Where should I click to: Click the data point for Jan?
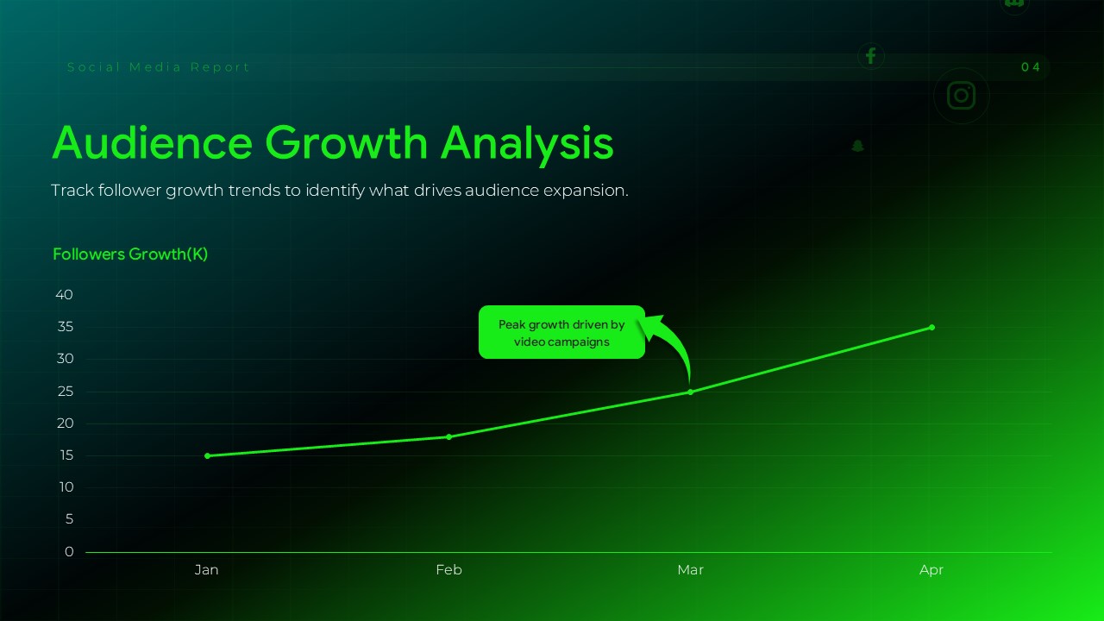(207, 455)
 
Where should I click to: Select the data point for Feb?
(448, 436)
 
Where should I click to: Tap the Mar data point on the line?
(690, 392)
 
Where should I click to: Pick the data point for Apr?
(931, 327)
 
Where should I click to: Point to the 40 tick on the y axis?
(65, 295)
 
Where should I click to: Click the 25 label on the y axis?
(65, 392)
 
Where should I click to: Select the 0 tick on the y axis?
(69, 552)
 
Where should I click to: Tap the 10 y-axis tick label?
(65, 487)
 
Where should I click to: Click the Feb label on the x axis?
(448, 570)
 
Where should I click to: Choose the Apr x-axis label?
(931, 570)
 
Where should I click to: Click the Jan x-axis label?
(207, 570)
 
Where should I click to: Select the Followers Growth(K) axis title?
(130, 254)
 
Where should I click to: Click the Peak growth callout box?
(561, 332)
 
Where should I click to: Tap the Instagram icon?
(961, 96)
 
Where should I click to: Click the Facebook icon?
(870, 56)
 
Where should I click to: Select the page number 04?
(1031, 67)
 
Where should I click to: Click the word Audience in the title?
(153, 143)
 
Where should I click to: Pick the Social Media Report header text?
(159, 67)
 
